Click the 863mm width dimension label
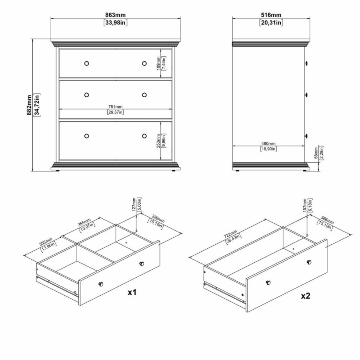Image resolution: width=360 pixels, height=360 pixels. tap(115, 15)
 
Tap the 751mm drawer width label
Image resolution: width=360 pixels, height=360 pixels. tap(115, 106)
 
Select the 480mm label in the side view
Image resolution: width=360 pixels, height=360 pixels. tap(268, 143)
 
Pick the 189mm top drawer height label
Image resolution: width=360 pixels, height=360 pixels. tap(159, 63)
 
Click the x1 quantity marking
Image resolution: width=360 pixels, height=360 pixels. tap(132, 292)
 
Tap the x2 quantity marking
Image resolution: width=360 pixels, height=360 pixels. tap(306, 296)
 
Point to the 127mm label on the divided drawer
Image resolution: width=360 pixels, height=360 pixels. tap(134, 205)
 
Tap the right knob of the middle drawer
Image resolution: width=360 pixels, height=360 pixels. tap(144, 95)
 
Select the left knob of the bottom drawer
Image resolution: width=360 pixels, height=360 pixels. tap(86, 136)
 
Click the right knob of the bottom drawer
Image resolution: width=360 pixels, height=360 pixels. tap(144, 136)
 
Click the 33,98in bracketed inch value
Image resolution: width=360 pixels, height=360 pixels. tap(115, 22)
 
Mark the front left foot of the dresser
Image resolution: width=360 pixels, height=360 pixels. tap(59, 170)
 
